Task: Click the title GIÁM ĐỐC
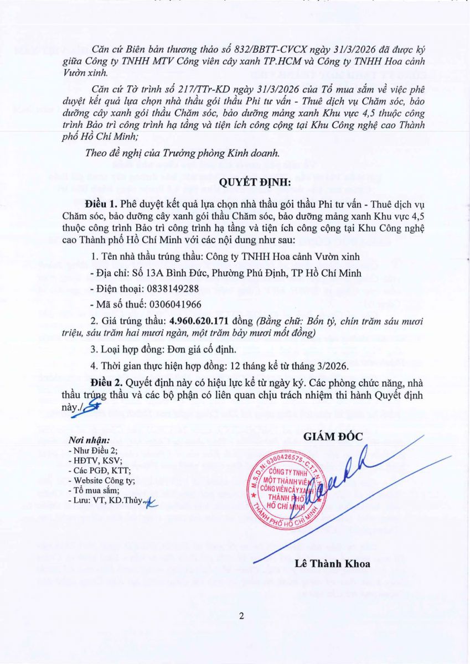pos(333,437)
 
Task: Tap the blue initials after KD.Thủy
pos(148,502)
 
